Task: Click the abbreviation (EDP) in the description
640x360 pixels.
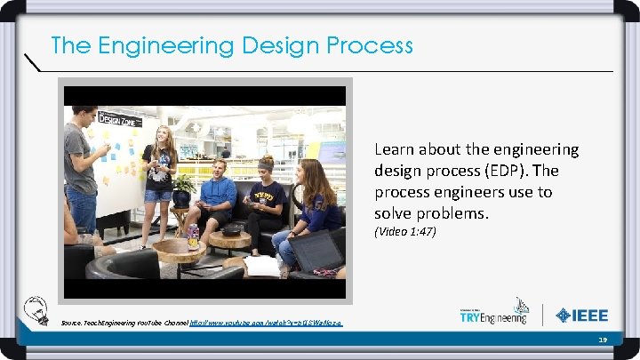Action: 535,171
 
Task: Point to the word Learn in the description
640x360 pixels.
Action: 395,149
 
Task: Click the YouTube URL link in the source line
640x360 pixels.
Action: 266,322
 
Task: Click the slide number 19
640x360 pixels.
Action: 602,340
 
